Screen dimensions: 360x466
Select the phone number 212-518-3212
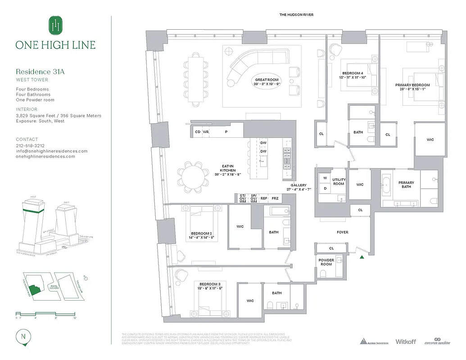(30, 146)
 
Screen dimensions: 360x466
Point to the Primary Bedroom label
(412, 87)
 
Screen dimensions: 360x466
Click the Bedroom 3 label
(209, 286)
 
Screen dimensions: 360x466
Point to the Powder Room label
(326, 262)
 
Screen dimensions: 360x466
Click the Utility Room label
(339, 181)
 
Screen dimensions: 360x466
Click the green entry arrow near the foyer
(362, 257)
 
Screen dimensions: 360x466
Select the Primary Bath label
(406, 184)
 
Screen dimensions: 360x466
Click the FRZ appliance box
(275, 198)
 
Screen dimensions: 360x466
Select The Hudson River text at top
(296, 15)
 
